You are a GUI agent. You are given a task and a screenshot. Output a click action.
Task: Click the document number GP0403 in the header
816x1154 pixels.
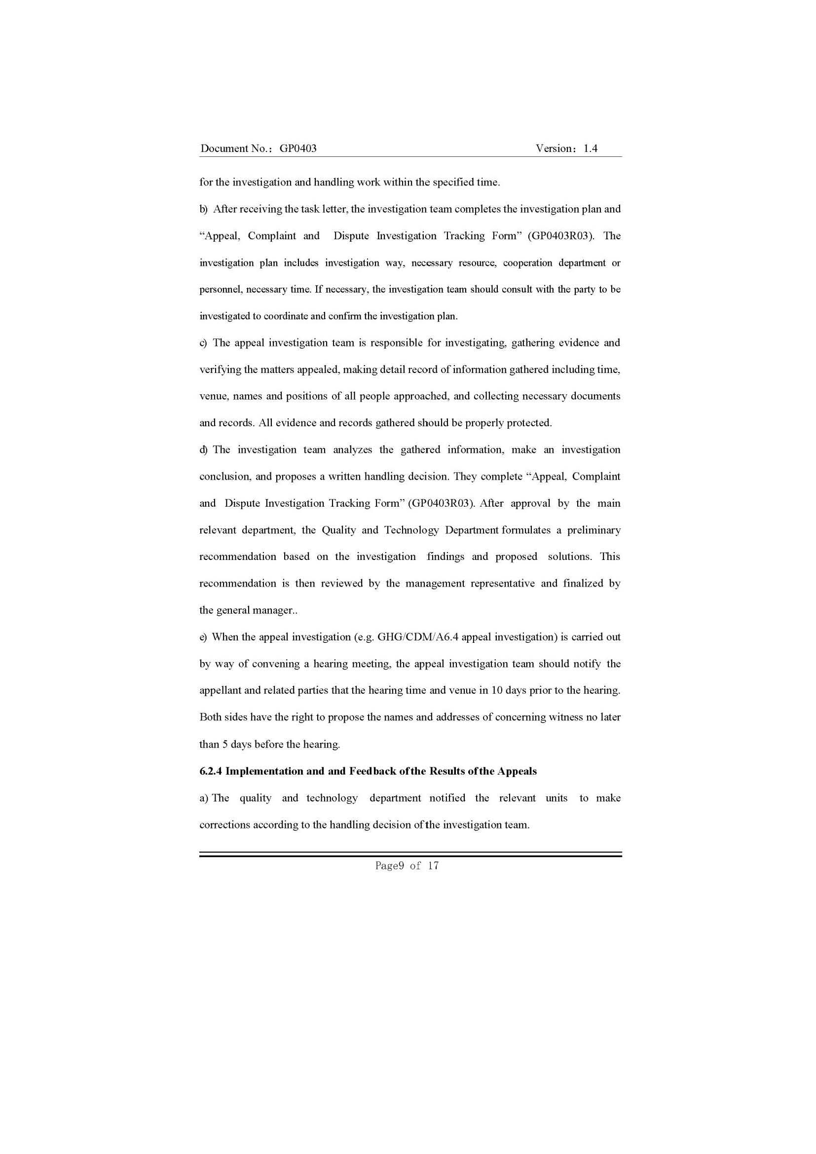298,149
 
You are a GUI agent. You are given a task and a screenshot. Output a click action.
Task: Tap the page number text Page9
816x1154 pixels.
389,865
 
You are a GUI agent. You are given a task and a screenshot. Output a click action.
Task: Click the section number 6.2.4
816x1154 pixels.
211,771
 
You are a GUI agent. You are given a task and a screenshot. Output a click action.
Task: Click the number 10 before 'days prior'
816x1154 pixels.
497,691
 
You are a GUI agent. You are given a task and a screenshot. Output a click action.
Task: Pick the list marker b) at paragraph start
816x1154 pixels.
203,209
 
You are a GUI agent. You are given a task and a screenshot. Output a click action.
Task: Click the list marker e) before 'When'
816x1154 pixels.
203,637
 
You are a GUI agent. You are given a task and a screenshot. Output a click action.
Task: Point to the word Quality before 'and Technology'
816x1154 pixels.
338,530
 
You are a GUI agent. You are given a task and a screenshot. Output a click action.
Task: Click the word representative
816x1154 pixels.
502,584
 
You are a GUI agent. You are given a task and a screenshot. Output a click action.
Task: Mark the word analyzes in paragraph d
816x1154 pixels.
352,450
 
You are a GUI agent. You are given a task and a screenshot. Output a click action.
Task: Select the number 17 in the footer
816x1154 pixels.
433,865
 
